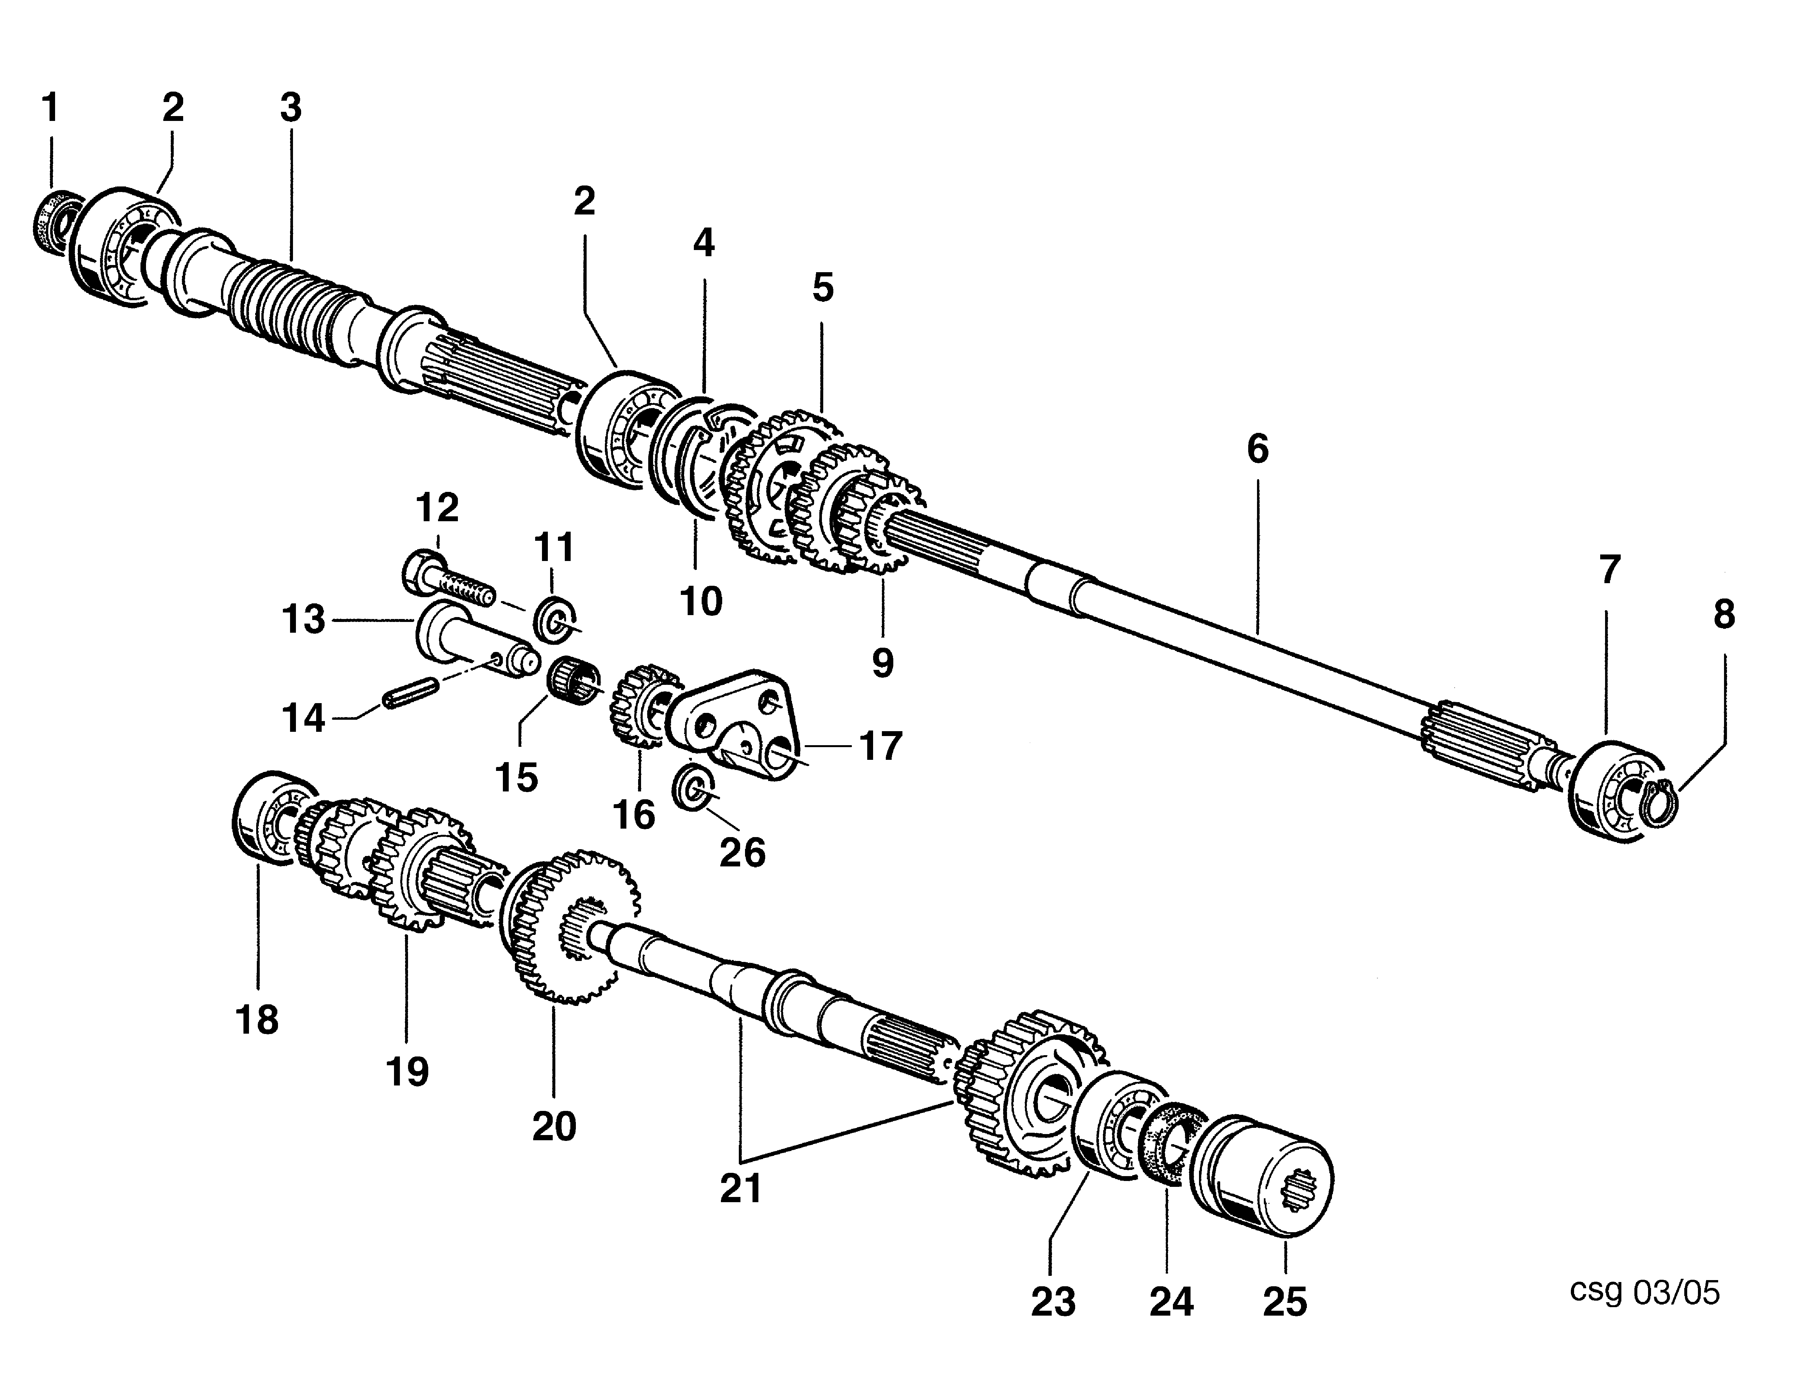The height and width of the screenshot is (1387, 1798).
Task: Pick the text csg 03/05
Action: click(1644, 1291)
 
